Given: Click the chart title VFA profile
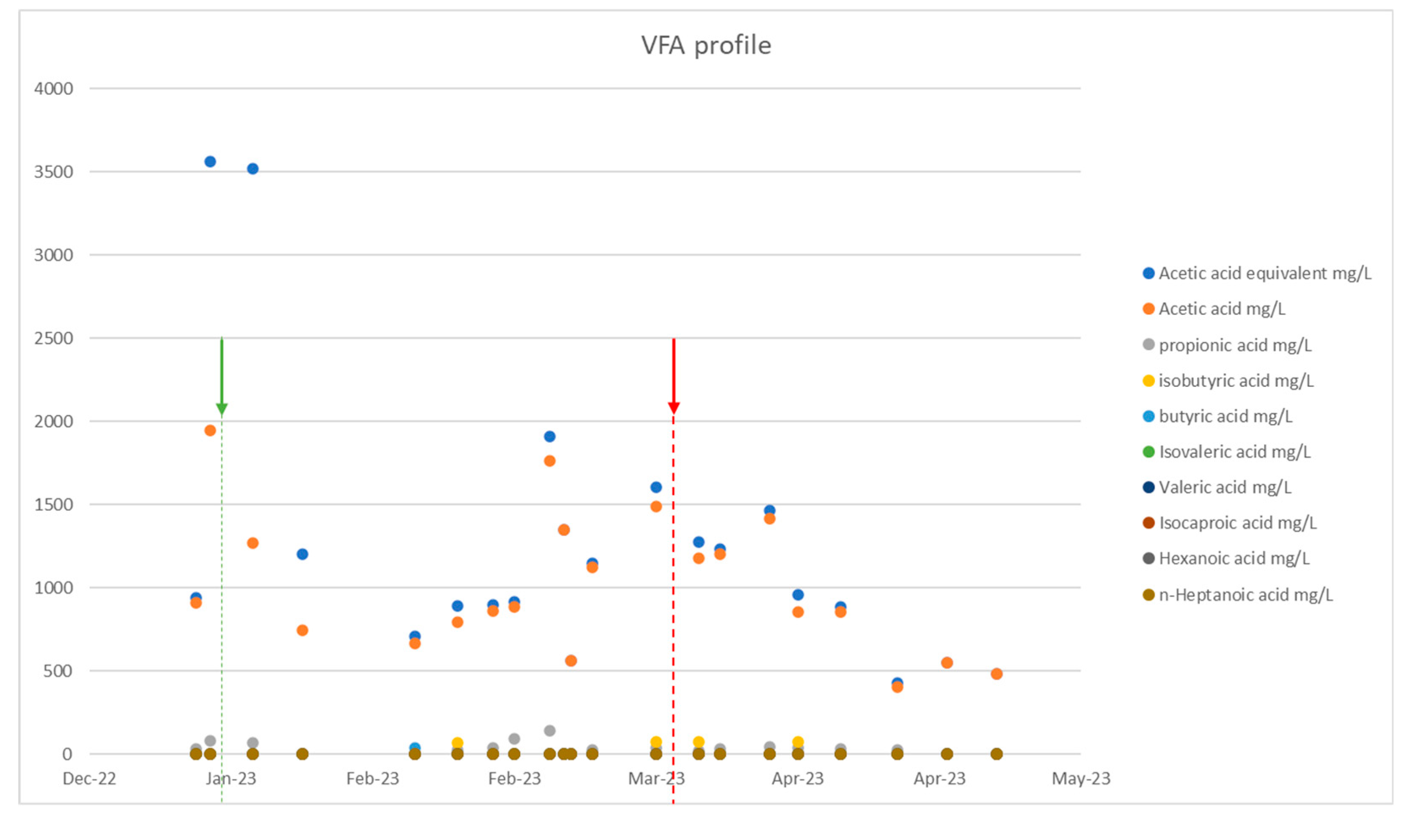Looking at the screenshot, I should tap(706, 46).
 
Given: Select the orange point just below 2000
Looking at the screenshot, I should tap(210, 430).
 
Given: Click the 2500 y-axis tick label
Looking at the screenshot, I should tap(54, 339).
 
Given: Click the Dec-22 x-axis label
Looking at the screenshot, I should tap(89, 778).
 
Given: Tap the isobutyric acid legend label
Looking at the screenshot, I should tap(1236, 381).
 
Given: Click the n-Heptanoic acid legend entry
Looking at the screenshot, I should tap(1245, 595).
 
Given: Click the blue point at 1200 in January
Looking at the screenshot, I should tap(302, 554).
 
